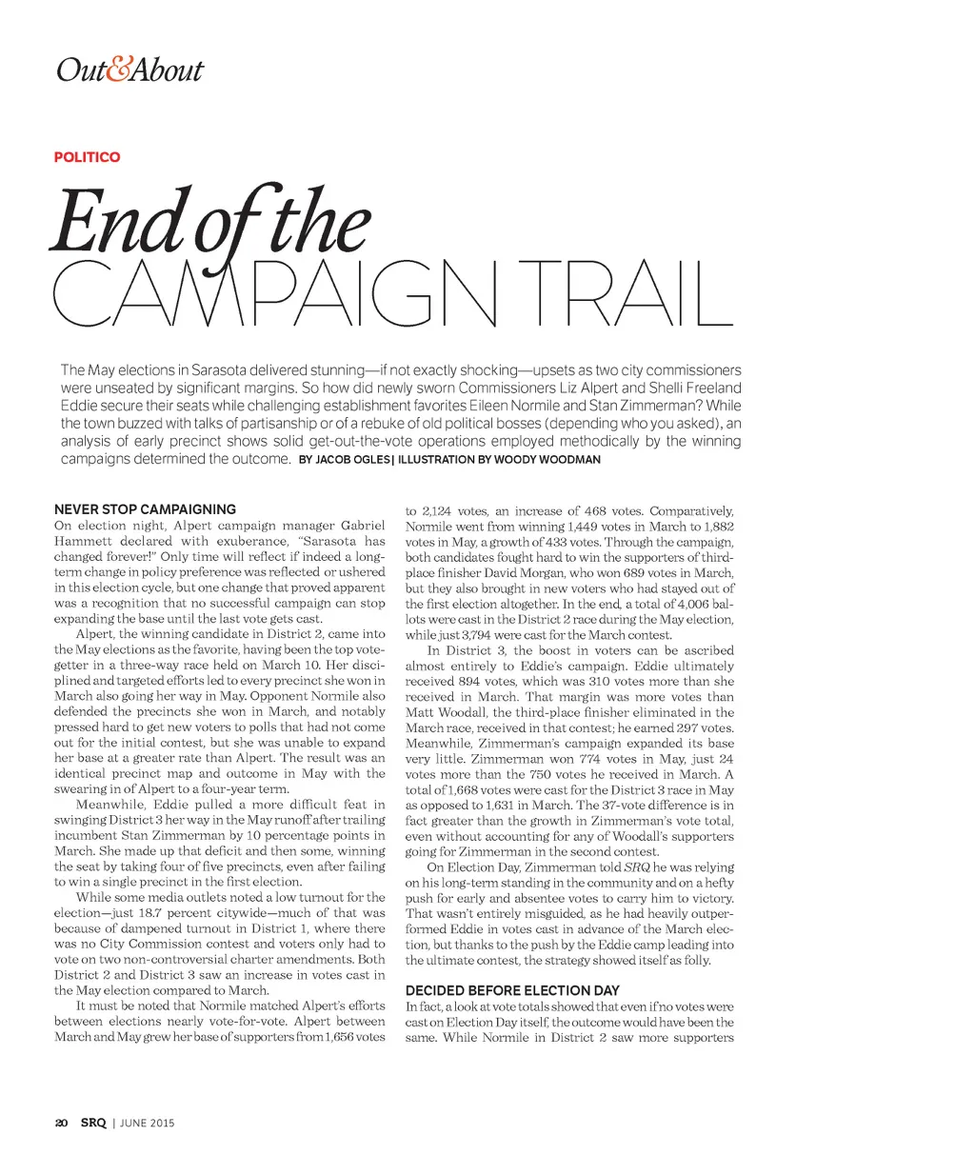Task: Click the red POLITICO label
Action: click(x=87, y=157)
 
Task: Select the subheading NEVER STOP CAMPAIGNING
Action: click(x=145, y=509)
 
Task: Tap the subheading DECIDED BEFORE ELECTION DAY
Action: click(x=512, y=990)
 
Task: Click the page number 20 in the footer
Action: click(x=61, y=1123)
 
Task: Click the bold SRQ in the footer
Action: click(x=92, y=1123)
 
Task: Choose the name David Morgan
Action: click(x=596, y=573)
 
